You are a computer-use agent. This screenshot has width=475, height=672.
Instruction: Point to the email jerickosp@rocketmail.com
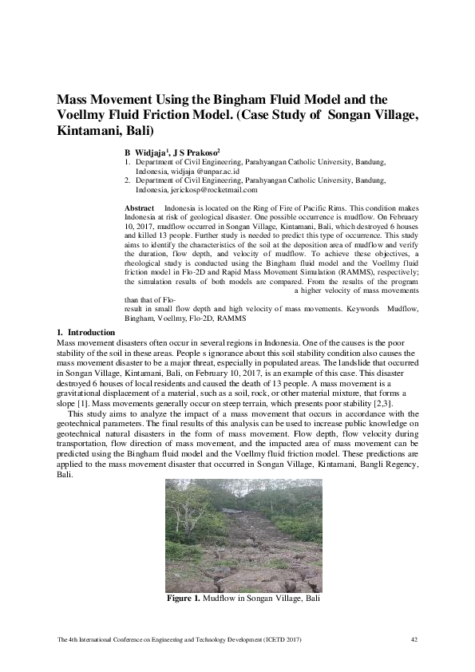(x=214, y=190)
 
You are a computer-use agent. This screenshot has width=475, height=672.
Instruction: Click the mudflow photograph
(x=243, y=535)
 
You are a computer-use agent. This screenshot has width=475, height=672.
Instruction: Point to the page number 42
(x=414, y=638)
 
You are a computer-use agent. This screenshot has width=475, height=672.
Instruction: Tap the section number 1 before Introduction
(x=58, y=331)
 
